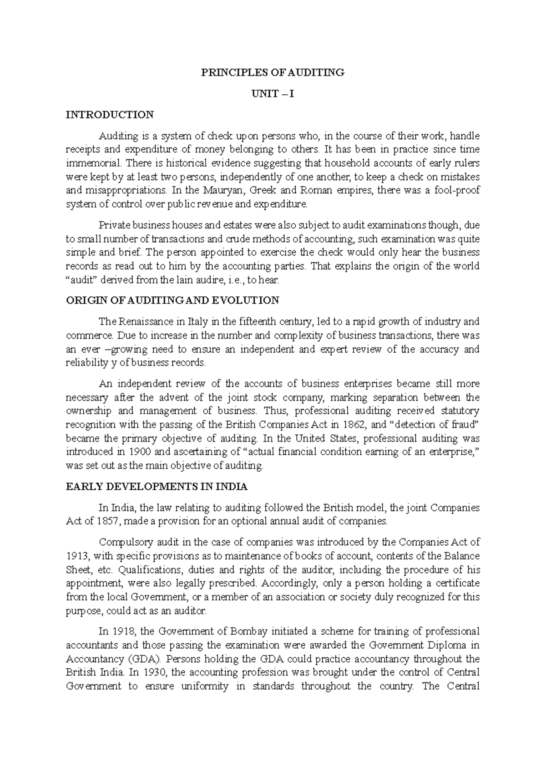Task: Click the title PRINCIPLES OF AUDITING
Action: pyautogui.click(x=273, y=72)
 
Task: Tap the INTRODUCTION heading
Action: pyautogui.click(x=110, y=115)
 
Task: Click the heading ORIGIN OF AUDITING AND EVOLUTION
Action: pyautogui.click(x=172, y=300)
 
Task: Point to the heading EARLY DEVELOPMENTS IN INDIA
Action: pyautogui.click(x=157, y=487)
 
